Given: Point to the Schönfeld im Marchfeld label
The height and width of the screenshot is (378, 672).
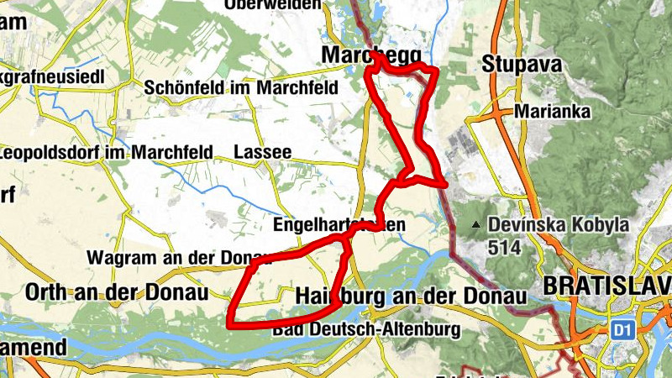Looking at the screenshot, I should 241,87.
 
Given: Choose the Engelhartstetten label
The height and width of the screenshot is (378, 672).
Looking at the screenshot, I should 339,225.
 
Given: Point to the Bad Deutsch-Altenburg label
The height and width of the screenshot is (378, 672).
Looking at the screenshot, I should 367,328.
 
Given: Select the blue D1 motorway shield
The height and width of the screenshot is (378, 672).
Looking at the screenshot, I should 622,328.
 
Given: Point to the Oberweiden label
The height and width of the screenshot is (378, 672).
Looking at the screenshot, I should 273,5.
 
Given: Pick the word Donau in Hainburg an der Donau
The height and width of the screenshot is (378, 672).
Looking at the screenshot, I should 493,297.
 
